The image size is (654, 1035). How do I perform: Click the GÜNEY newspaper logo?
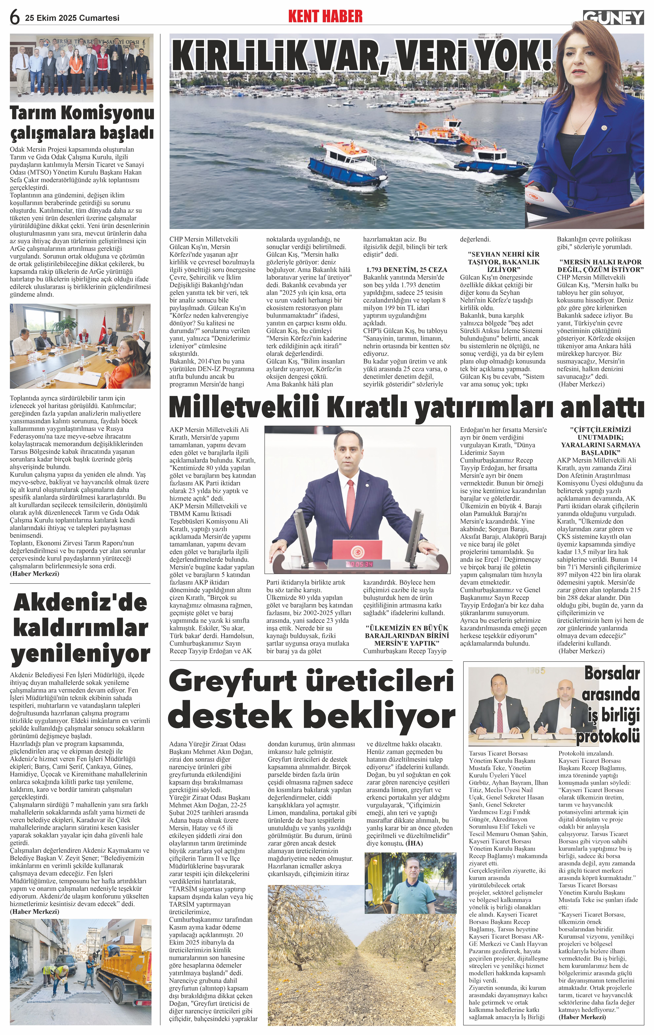click(x=613, y=18)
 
